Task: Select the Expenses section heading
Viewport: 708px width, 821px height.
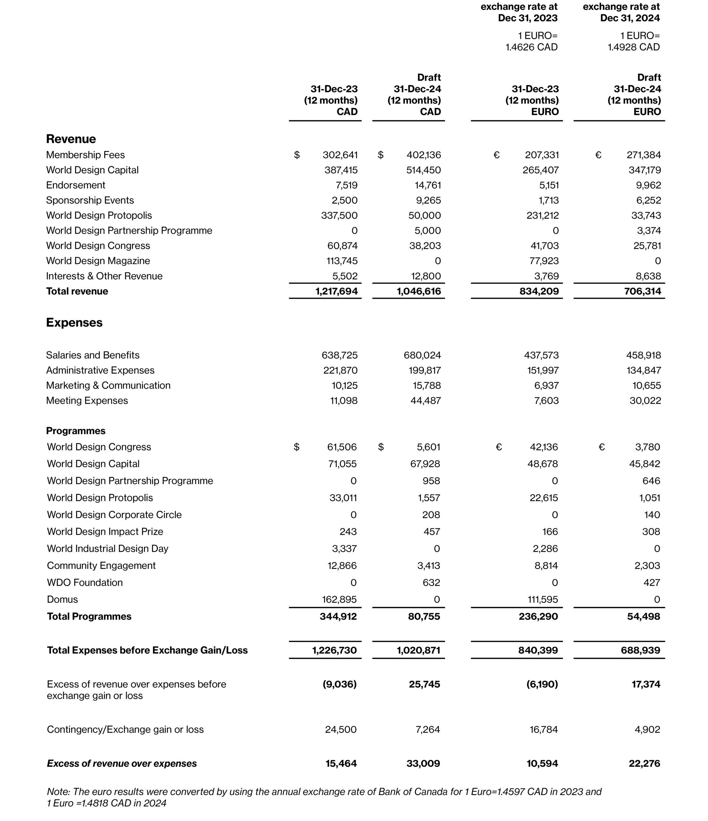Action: coord(74,323)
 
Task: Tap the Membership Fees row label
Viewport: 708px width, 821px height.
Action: coord(85,155)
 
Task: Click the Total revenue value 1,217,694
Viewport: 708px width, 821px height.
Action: coord(336,291)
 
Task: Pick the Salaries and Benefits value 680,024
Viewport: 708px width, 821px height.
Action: coord(422,355)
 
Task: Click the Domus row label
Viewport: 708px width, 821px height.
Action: coord(62,599)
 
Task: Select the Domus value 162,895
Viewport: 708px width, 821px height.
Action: coord(339,599)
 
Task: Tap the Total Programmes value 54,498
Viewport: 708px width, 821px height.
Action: coord(644,616)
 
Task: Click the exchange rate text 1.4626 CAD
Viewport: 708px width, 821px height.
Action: coord(531,47)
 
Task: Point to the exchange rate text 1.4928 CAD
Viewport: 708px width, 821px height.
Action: coord(634,47)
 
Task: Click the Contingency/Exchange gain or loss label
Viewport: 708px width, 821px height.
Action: coord(125,730)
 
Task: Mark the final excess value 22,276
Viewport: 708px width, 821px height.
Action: coord(644,764)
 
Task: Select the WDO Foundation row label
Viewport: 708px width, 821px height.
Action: coord(85,582)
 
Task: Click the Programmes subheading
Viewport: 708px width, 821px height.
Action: coord(76,431)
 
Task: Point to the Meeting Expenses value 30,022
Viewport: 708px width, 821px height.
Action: coord(645,401)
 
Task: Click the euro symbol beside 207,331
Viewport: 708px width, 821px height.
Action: coord(496,155)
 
